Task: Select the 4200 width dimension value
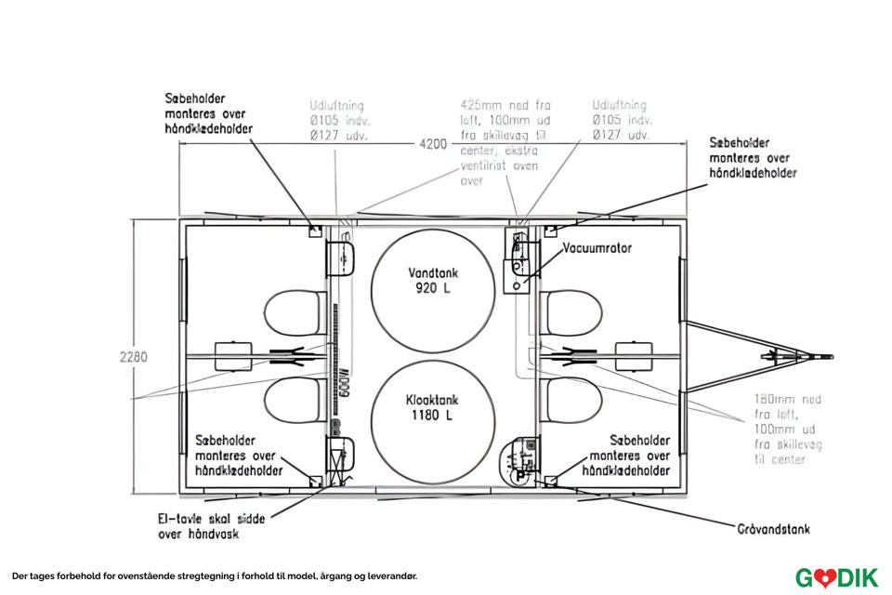(433, 144)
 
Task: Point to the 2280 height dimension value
(134, 356)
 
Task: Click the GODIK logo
(835, 577)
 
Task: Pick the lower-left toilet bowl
(295, 400)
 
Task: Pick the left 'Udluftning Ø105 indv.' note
(339, 120)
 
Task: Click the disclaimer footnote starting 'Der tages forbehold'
(215, 576)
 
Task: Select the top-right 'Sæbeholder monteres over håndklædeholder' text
(753, 158)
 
